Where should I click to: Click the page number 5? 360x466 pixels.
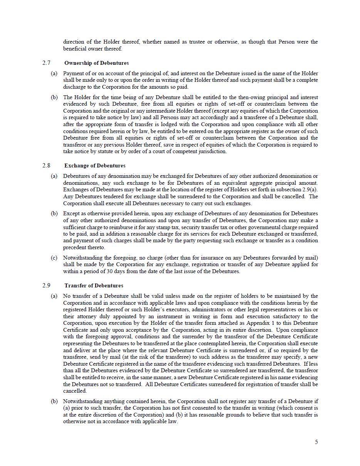click(x=316, y=442)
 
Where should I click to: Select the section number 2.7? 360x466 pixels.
click(x=46, y=63)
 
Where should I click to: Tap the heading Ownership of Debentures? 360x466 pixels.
click(x=96, y=63)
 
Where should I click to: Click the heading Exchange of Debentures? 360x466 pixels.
click(x=95, y=165)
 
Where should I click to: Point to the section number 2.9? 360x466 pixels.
click(x=46, y=285)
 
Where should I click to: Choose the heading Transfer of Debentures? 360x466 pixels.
click(x=94, y=285)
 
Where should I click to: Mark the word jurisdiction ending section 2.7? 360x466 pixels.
click(x=212, y=151)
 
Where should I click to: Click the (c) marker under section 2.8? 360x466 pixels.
click(x=54, y=258)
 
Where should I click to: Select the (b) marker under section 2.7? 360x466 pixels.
click(x=54, y=97)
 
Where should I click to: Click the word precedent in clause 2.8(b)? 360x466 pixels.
click(x=76, y=247)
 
